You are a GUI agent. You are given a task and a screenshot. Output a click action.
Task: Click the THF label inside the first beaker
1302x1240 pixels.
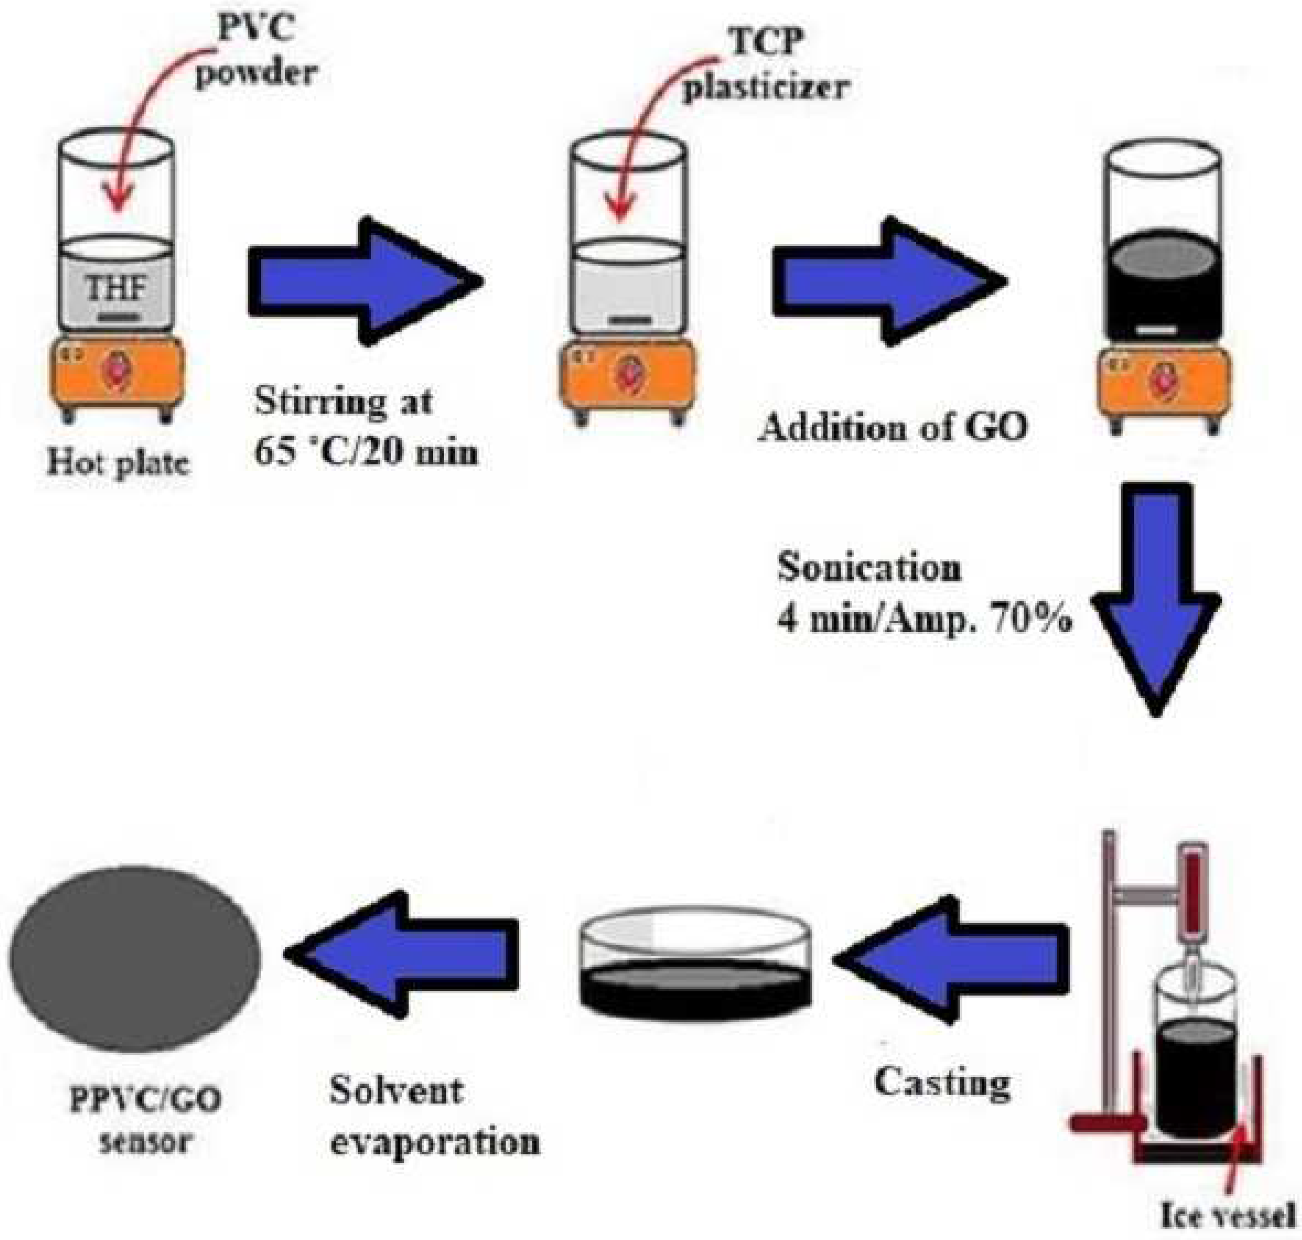116,289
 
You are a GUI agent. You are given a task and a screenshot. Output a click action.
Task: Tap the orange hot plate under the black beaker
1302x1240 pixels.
1165,381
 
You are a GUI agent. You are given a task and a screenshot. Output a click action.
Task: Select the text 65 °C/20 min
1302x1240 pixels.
366,453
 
